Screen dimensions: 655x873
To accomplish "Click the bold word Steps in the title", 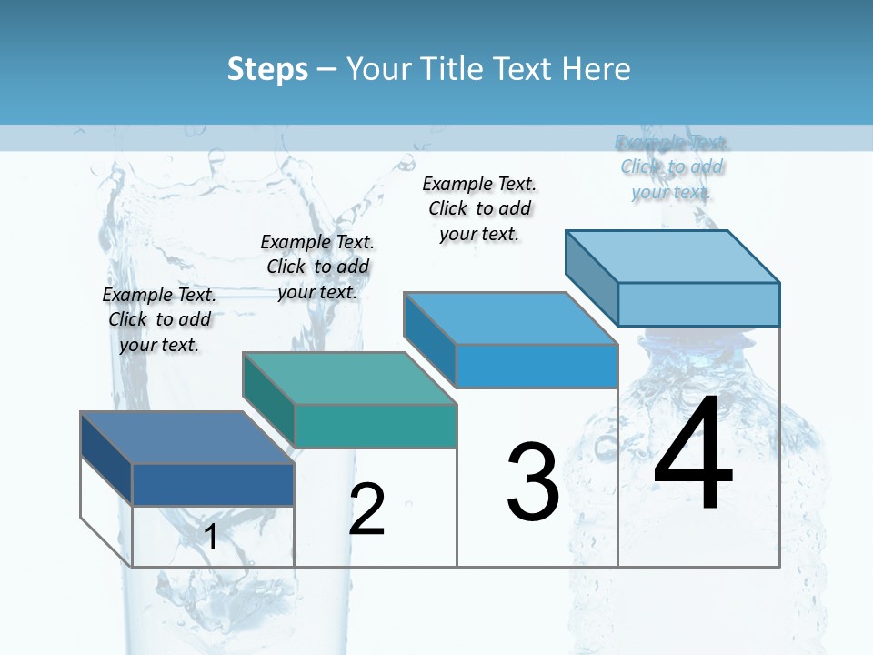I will coord(267,69).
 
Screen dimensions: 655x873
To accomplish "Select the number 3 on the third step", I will coord(533,481).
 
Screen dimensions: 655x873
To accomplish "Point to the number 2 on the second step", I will coord(367,509).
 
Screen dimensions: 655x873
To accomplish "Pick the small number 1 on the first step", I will coord(211,537).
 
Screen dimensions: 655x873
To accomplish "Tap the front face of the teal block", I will coord(376,426).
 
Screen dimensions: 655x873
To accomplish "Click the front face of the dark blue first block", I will coord(213,484).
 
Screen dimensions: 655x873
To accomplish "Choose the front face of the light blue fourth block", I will coord(698,304).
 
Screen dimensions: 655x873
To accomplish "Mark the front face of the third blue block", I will coord(537,366).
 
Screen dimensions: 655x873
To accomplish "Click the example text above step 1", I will coord(159,320).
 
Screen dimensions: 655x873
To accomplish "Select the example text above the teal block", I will coord(317,267).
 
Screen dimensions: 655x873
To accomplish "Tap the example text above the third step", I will coord(479,208).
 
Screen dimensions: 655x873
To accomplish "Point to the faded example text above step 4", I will coord(671,166).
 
